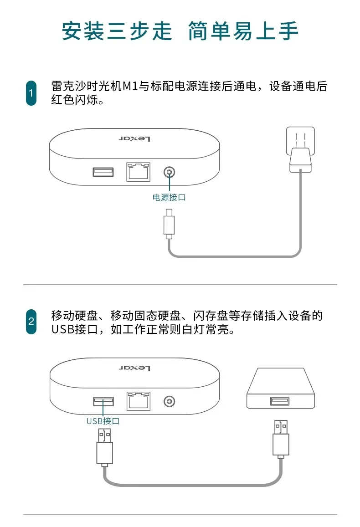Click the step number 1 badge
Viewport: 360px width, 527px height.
tap(31, 93)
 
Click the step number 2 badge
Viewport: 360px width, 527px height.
tap(31, 322)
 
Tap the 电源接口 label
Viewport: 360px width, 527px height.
tap(169, 197)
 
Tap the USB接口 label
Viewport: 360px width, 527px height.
tap(103, 421)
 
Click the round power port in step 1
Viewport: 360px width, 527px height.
tap(169, 173)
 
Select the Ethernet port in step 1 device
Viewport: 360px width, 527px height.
tap(138, 172)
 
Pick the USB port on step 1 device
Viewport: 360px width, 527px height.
tap(103, 172)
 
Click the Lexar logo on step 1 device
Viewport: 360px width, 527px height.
tap(134, 138)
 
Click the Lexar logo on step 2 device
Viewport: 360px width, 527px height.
tap(134, 368)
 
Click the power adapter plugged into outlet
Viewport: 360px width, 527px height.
tap(300, 160)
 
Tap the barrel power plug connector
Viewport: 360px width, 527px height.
tap(169, 224)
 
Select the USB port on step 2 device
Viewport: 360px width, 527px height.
tap(103, 401)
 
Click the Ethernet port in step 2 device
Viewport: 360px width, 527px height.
tap(138, 401)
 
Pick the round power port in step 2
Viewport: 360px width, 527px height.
tap(169, 402)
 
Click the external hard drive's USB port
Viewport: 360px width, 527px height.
tap(280, 401)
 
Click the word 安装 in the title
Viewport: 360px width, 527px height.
tap(83, 31)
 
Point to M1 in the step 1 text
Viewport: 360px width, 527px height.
tap(130, 87)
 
